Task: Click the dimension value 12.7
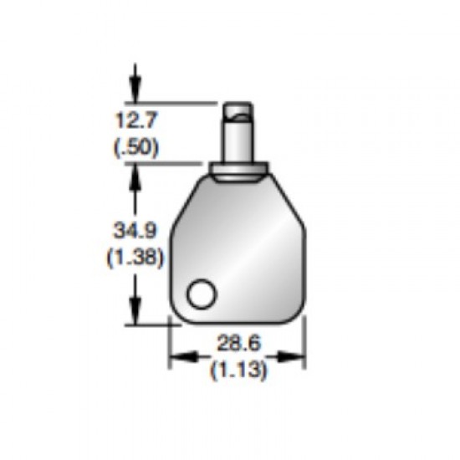click(x=135, y=120)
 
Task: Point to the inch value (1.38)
click(x=135, y=258)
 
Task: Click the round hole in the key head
click(x=202, y=294)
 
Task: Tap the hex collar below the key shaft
click(x=238, y=170)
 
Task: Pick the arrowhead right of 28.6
click(x=297, y=357)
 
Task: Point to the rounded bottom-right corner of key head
click(x=298, y=316)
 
